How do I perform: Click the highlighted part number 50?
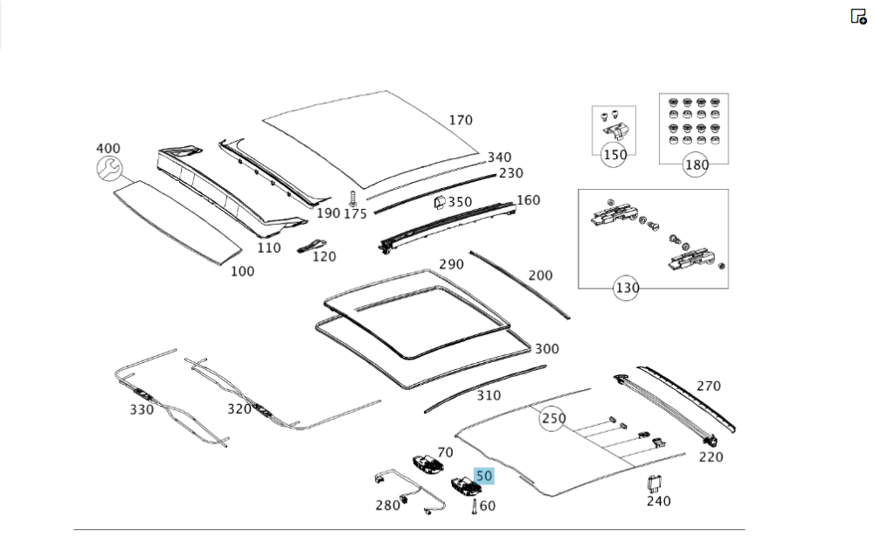484,476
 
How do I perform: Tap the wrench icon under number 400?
109,170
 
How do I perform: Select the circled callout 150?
615,156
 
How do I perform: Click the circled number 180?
697,164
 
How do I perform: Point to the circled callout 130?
627,288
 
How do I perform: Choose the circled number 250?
552,419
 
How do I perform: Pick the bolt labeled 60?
474,506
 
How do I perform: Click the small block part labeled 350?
438,204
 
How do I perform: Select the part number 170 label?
461,121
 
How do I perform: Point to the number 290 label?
451,264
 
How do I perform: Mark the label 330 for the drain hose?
142,409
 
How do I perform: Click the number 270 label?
709,386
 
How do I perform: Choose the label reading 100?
242,271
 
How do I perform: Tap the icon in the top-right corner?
858,16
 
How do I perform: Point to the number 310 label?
489,395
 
